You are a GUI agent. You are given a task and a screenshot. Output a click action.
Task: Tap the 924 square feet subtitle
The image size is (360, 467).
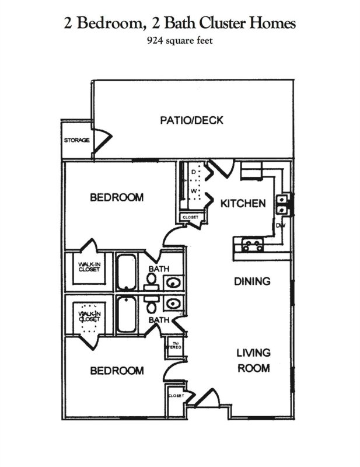click(180, 41)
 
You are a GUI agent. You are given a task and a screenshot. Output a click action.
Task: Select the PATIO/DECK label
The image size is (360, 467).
click(191, 121)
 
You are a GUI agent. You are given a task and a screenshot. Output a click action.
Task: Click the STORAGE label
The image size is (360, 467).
click(76, 141)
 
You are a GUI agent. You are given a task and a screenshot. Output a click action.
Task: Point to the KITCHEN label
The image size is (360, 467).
click(243, 204)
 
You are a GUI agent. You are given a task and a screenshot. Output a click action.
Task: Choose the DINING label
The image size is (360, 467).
click(252, 281)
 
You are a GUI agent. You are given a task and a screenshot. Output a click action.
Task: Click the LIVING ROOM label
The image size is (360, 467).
click(253, 360)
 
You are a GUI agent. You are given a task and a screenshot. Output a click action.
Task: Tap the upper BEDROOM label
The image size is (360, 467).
click(116, 197)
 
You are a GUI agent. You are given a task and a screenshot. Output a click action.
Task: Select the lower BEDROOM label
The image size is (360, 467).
click(116, 370)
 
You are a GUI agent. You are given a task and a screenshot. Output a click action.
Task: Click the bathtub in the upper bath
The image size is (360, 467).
click(126, 271)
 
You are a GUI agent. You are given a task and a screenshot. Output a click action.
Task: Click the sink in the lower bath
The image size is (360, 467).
click(173, 304)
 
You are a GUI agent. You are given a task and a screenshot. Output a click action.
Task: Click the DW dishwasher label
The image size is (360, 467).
click(280, 225)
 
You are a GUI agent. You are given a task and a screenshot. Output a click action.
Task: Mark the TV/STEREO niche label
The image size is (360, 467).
click(175, 345)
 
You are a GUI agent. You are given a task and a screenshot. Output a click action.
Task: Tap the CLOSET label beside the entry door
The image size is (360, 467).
click(176, 396)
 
